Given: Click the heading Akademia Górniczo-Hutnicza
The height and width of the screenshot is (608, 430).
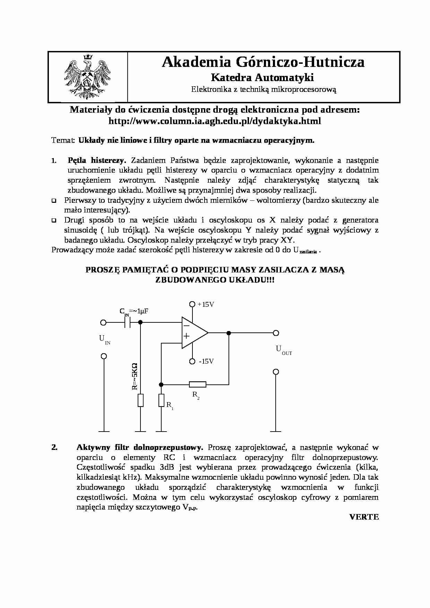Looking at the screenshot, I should [x=263, y=62].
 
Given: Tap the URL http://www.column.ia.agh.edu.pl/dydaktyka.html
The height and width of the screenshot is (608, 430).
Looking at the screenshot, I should [x=215, y=121].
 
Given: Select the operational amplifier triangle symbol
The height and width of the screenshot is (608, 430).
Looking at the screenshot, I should [x=194, y=333].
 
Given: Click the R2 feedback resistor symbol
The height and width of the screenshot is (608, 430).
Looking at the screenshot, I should [x=198, y=384].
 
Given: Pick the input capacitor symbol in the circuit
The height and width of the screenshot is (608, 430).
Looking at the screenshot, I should [x=127, y=323].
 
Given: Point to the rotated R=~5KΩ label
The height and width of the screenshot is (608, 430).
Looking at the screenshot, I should [x=135, y=376].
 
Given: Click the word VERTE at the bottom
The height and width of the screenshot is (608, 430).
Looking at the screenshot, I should [x=364, y=517].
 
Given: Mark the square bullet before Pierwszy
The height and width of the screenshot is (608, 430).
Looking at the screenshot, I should [x=54, y=200].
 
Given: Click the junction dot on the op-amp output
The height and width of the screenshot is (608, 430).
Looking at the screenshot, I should [x=229, y=333].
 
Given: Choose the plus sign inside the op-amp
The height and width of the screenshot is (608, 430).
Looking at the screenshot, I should [x=187, y=336].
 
